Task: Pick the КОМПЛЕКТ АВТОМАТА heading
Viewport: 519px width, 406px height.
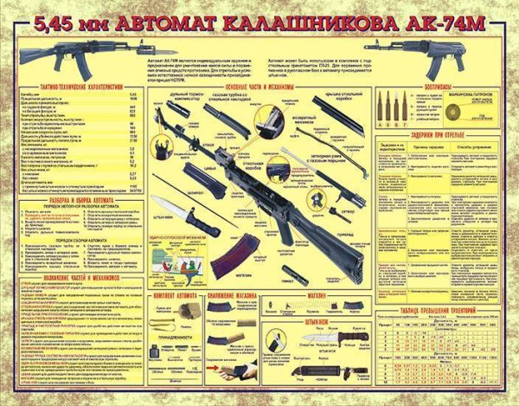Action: (x=176, y=296)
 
